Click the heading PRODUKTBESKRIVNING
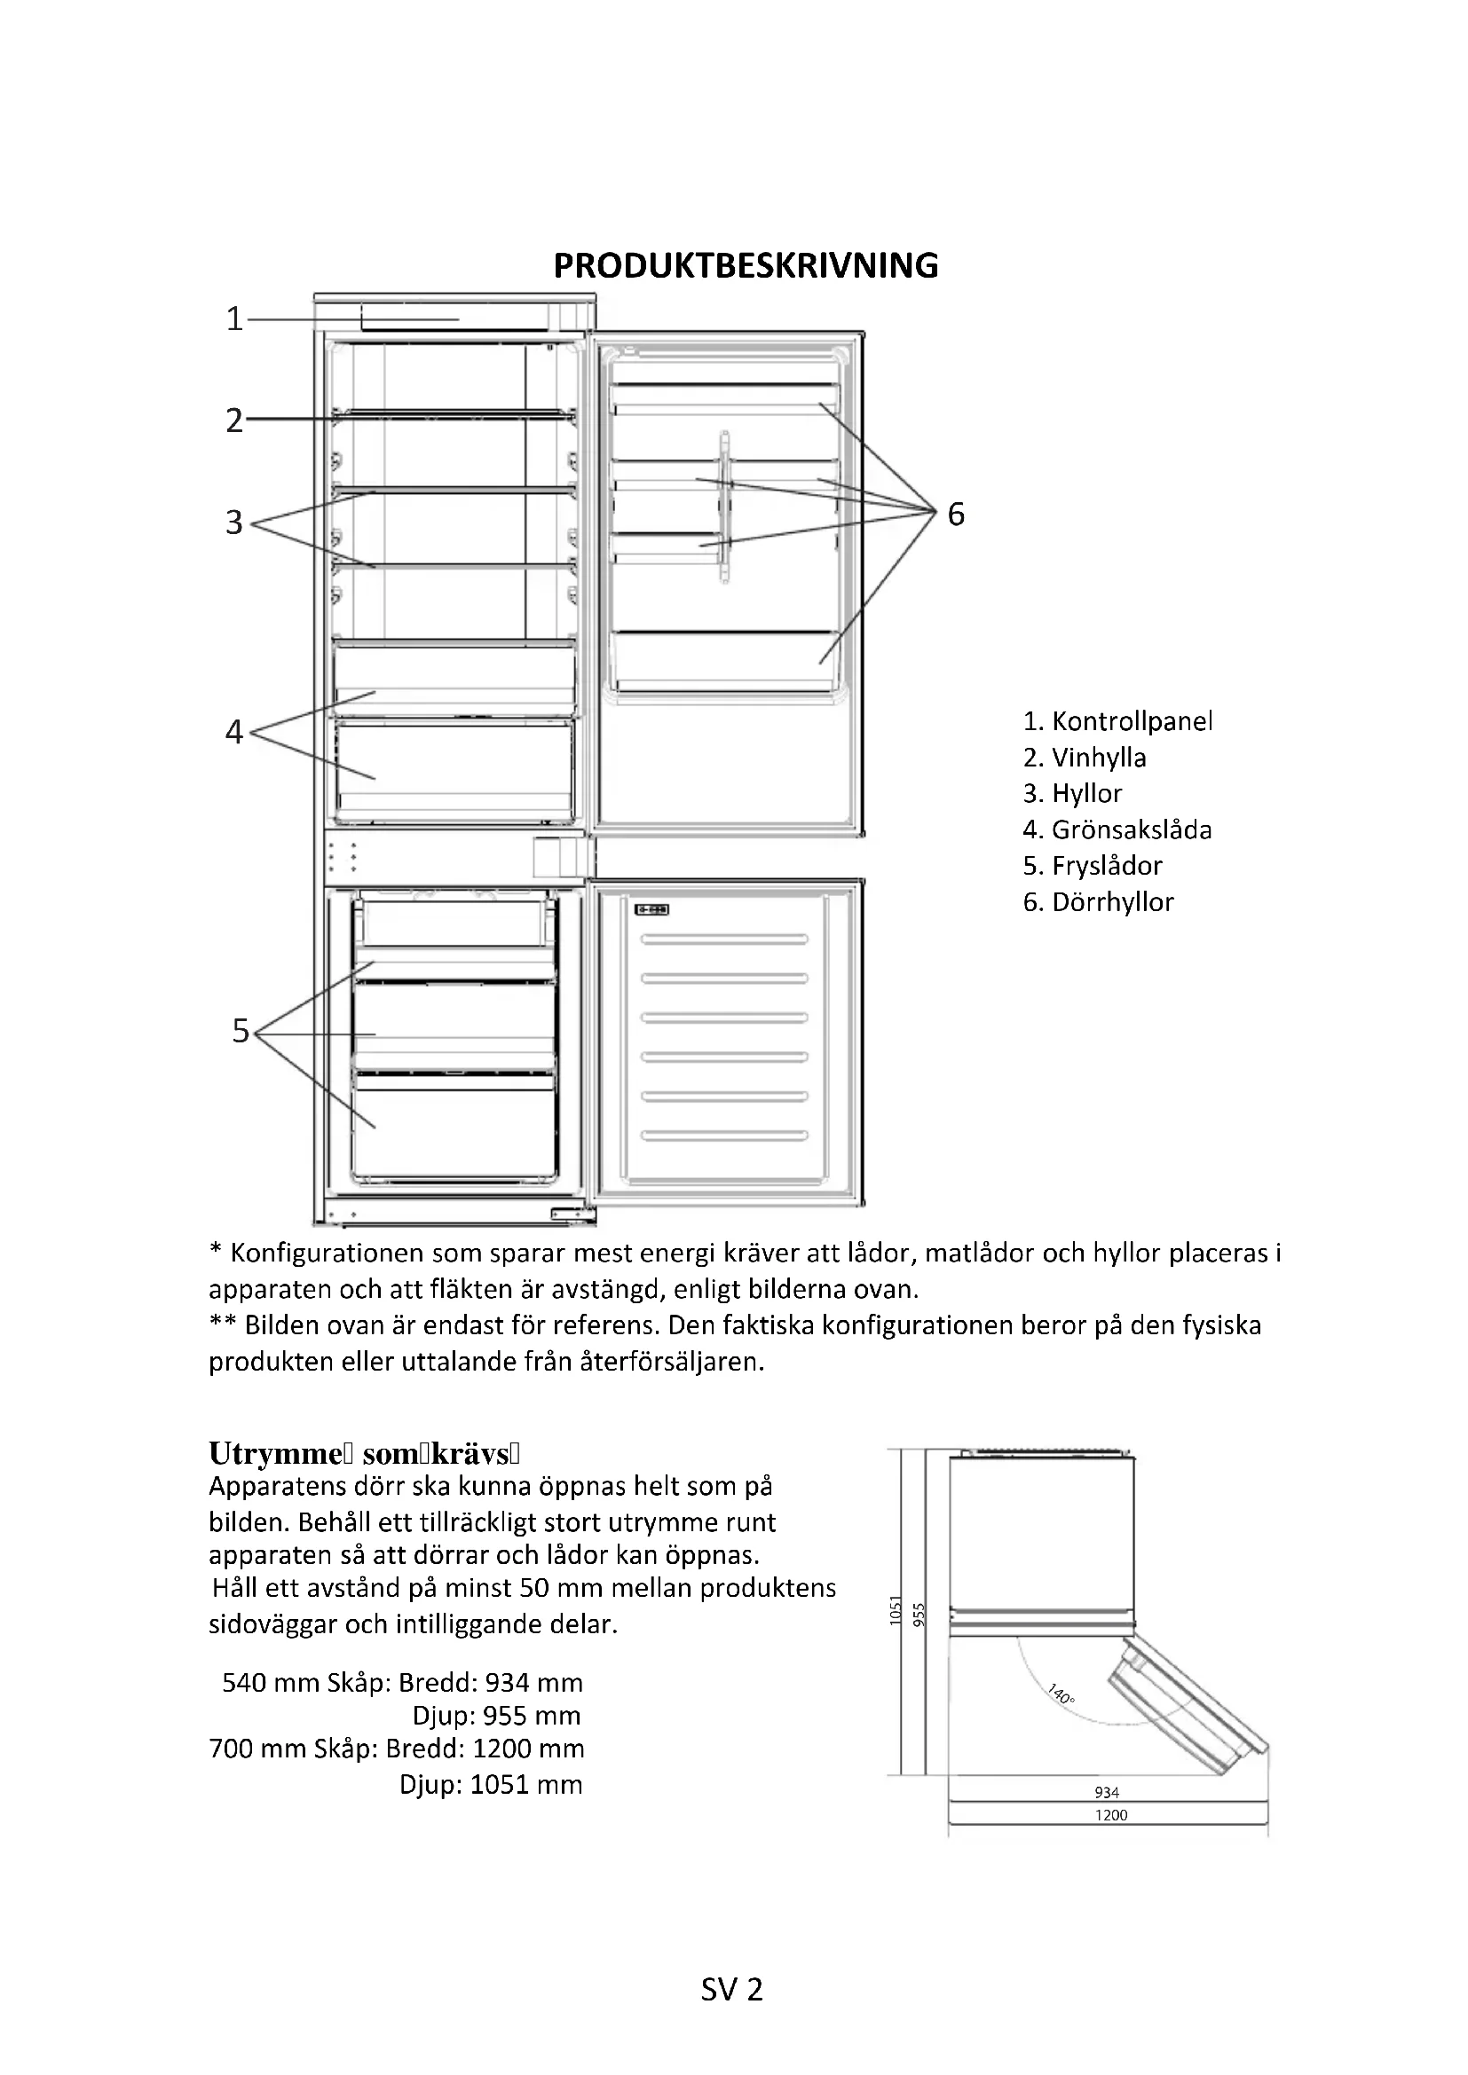(746, 266)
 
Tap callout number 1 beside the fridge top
(234, 319)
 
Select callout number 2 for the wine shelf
(234, 421)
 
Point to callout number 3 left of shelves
(234, 523)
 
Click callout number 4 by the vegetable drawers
(234, 732)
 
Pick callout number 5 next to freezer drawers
(241, 1031)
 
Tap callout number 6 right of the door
(956, 515)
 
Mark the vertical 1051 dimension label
(896, 1610)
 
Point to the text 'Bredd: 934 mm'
(491, 1683)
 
